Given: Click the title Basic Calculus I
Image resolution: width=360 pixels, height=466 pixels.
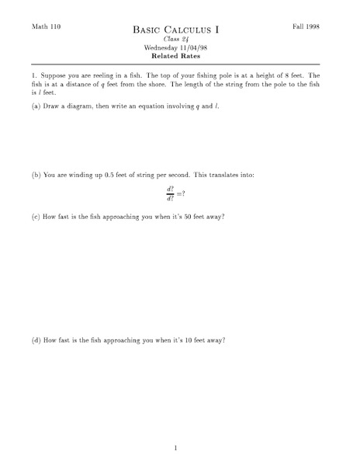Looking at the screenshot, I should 176,30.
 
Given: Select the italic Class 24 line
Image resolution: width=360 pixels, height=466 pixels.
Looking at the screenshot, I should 176,40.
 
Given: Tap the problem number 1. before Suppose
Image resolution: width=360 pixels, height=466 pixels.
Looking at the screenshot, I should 35,77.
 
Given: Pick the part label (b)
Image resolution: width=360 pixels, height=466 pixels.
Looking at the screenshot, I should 36,175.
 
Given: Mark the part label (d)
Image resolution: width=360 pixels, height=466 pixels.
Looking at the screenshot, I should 36,340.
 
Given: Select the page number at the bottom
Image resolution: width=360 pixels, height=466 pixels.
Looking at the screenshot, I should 176,447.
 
